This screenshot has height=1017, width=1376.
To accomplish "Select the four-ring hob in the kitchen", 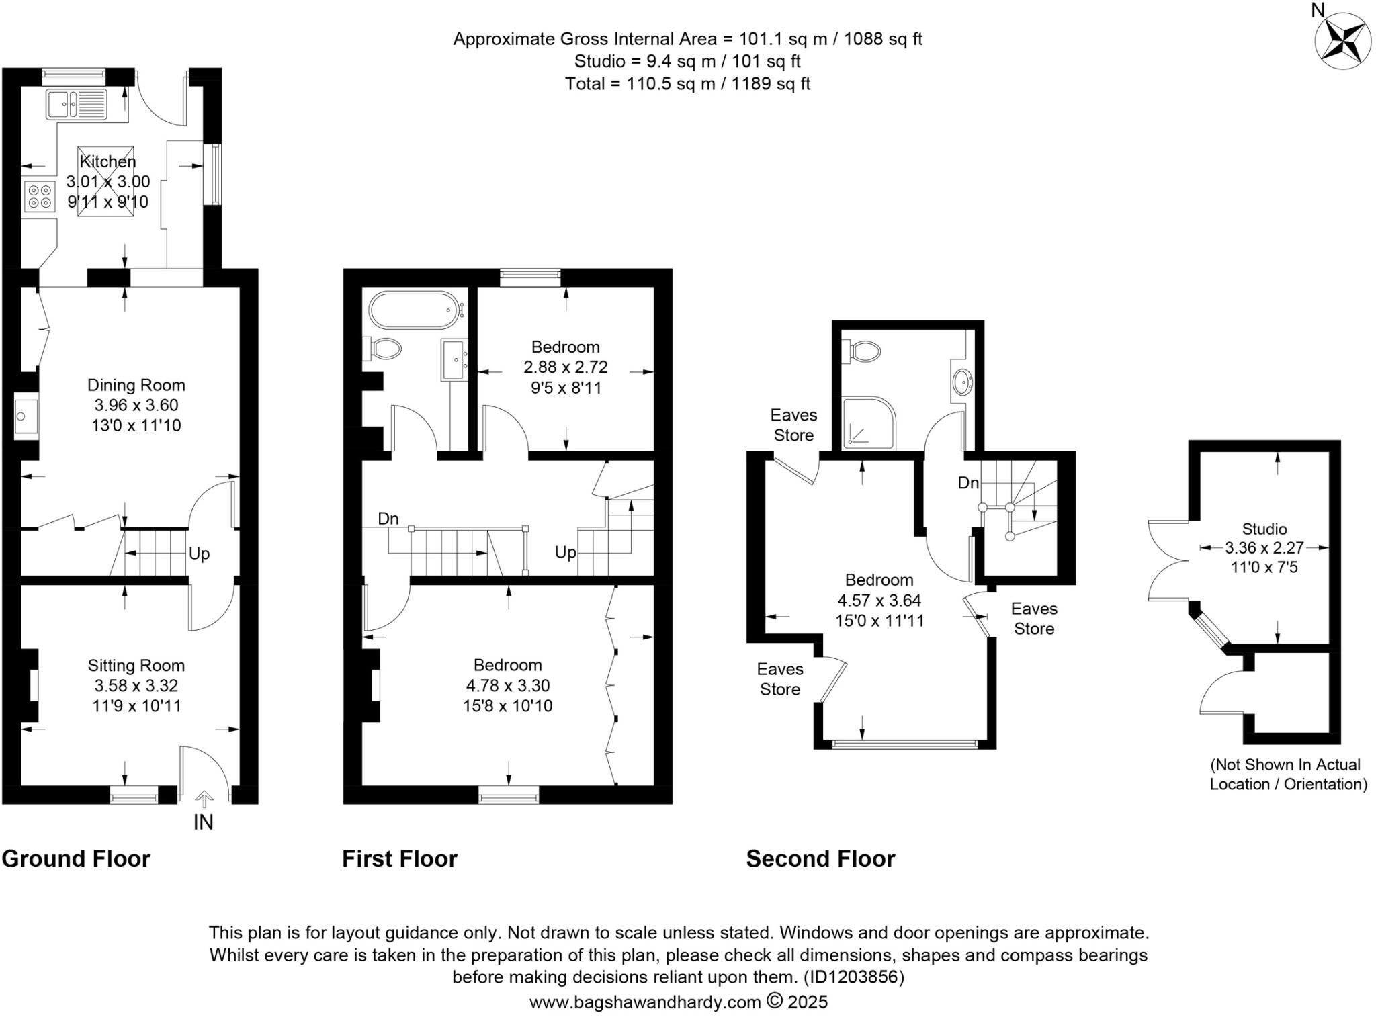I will point(39,196).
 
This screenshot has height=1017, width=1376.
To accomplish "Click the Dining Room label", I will point(136,385).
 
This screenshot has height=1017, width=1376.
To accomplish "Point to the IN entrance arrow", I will point(204,799).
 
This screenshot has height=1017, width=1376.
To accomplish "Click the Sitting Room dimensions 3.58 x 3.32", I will point(136,686).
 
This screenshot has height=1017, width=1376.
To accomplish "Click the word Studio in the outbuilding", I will point(1264,529).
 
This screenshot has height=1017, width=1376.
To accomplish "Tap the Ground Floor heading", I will point(76,858).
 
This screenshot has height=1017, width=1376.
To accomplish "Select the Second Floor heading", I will point(820,858).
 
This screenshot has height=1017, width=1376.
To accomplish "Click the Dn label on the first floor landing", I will point(388,519).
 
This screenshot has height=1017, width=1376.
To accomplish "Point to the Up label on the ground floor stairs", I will point(199,554).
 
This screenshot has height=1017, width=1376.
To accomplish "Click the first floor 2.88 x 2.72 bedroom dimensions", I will point(565,367).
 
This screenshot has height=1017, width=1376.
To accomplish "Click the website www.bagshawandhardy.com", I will point(645,1002).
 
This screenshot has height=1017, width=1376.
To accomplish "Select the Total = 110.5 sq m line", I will point(687,84).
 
